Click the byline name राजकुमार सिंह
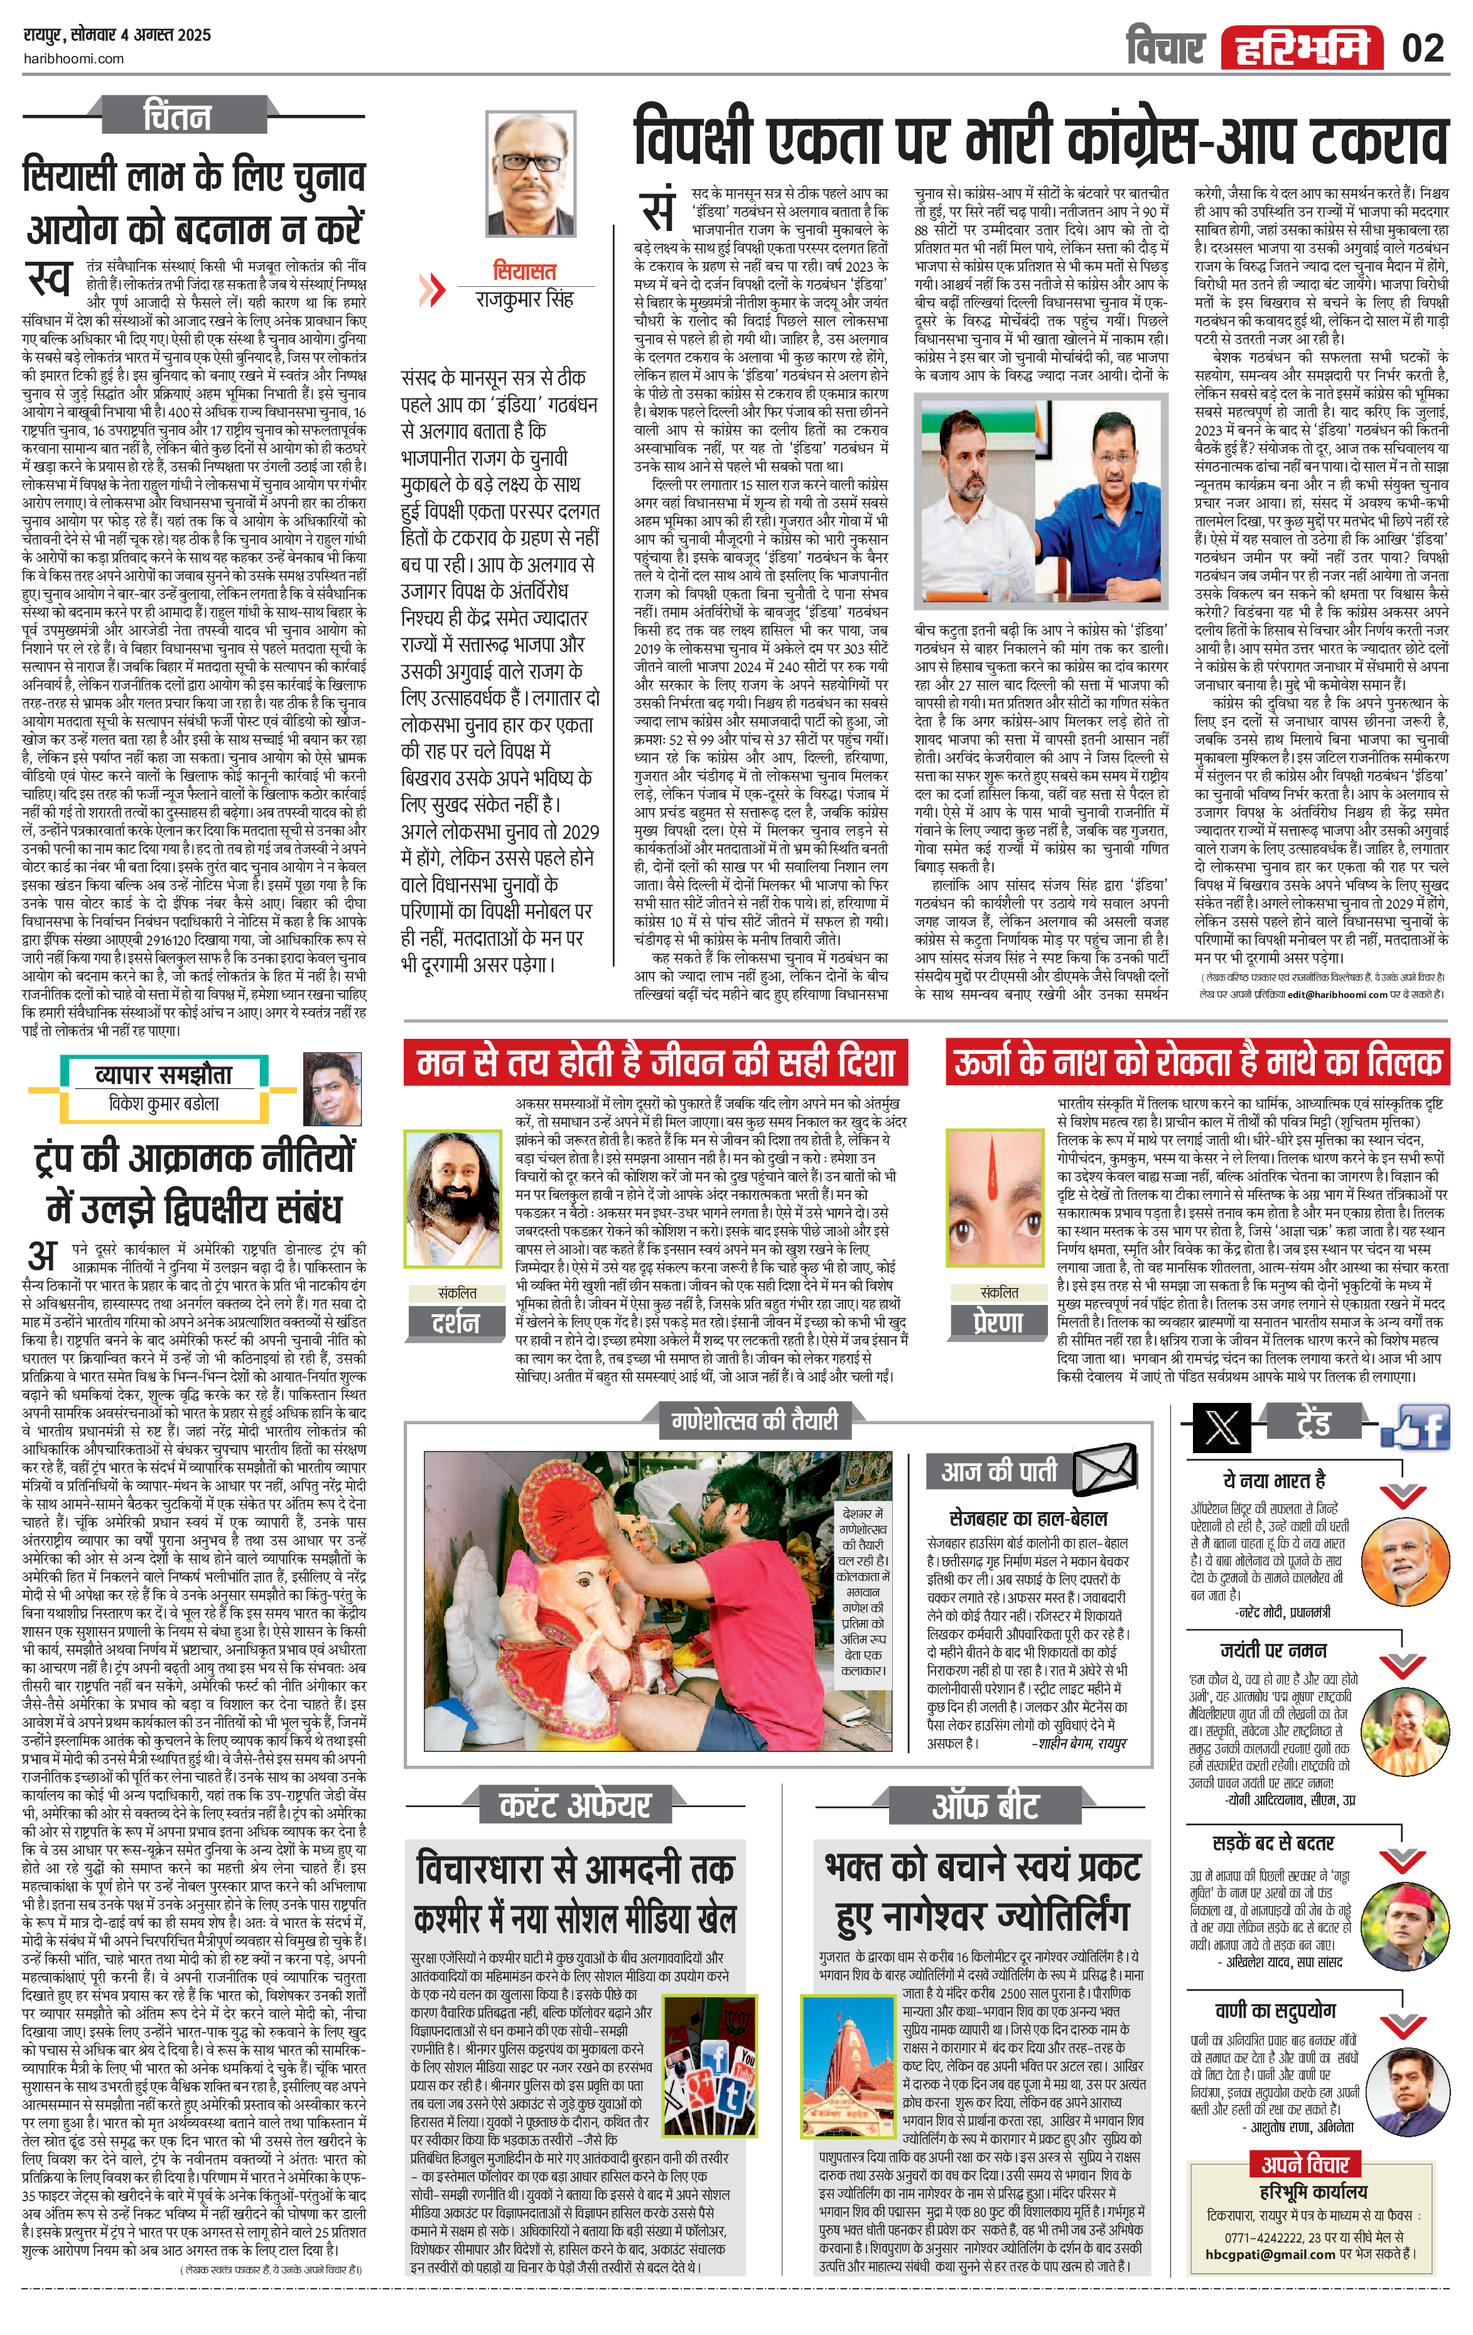coord(524,299)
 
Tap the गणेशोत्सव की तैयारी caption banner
coord(755,1422)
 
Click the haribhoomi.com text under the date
coord(73,58)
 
